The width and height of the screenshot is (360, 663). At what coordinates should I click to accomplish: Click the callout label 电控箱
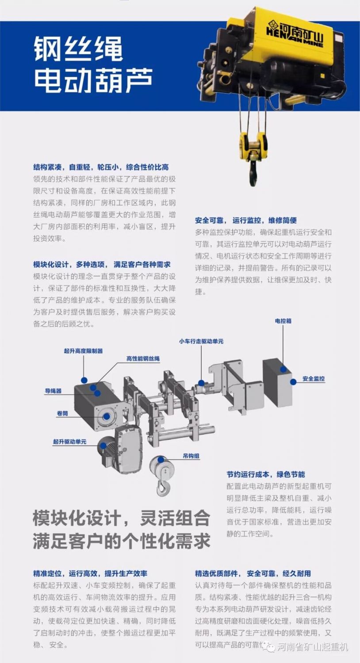[283, 321]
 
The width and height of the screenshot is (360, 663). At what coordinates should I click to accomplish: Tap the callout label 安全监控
[314, 378]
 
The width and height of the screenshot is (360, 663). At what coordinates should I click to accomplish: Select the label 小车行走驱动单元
[201, 341]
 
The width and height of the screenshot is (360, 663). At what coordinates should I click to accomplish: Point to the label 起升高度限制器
[83, 351]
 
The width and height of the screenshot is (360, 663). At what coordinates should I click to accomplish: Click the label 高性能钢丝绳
[143, 359]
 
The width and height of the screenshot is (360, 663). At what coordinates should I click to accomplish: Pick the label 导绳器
[53, 391]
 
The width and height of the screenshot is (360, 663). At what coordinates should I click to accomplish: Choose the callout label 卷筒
[62, 413]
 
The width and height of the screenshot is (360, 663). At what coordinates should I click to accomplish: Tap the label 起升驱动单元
[69, 442]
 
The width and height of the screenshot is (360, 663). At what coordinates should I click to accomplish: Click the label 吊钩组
[191, 456]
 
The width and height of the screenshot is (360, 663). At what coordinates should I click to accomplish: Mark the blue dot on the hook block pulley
[161, 460]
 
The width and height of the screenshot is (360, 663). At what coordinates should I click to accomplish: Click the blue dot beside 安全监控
[293, 382]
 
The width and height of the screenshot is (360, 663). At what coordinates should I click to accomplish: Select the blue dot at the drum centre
[107, 416]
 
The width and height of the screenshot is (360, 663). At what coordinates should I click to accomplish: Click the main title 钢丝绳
[78, 48]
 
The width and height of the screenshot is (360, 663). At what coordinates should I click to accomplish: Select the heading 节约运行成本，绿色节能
[265, 474]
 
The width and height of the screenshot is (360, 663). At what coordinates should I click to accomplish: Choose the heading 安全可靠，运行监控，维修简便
[246, 220]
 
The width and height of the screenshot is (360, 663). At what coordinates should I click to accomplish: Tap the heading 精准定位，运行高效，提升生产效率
[90, 573]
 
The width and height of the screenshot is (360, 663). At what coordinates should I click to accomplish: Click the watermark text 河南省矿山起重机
[313, 648]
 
